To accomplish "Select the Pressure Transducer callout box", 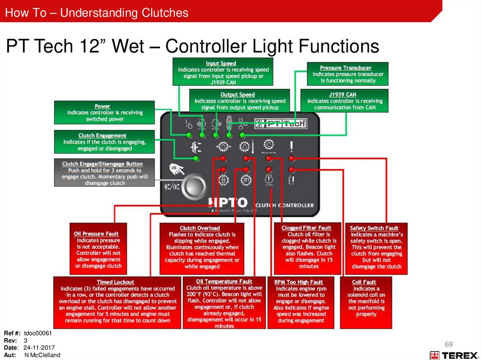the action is click(348, 74).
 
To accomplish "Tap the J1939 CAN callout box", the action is click(345, 100).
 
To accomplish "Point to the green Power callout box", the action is click(104, 113).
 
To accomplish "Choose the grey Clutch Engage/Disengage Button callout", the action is click(104, 173).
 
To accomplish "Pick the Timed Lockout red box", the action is click(117, 302).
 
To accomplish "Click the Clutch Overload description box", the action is click(202, 248).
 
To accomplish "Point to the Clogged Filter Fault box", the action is click(307, 248).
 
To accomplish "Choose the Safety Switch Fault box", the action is click(376, 248).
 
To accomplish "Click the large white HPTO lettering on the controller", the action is click(227, 203).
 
